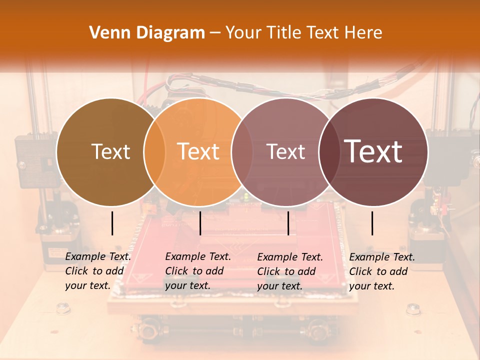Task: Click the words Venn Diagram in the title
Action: click(x=147, y=33)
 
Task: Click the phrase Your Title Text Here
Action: click(x=303, y=33)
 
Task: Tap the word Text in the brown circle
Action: click(x=110, y=151)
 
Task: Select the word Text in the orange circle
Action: click(x=198, y=151)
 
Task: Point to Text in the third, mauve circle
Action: click(x=286, y=151)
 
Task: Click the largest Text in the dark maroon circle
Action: click(x=373, y=151)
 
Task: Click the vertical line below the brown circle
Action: click(x=112, y=223)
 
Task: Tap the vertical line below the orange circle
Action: click(x=200, y=223)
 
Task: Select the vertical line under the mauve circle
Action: click(x=288, y=223)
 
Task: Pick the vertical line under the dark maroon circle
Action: click(x=372, y=223)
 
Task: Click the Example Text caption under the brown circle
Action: click(x=98, y=271)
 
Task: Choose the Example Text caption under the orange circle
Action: click(x=198, y=271)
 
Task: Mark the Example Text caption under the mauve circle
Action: click(x=290, y=271)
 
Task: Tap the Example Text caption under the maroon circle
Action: click(x=382, y=271)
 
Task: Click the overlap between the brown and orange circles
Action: click(x=154, y=151)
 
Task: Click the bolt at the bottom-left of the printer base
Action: click(x=63, y=308)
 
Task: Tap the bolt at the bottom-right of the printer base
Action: click(x=413, y=308)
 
